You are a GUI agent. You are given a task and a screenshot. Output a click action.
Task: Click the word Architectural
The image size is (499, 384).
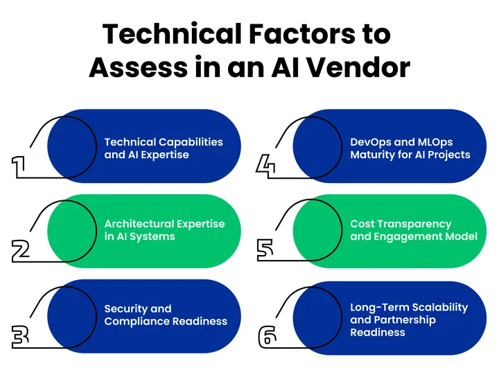pos(143,224)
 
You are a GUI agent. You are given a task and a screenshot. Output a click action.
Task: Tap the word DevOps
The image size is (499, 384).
pos(371,141)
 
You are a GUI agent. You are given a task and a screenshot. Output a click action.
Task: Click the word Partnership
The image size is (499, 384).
pos(405,320)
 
